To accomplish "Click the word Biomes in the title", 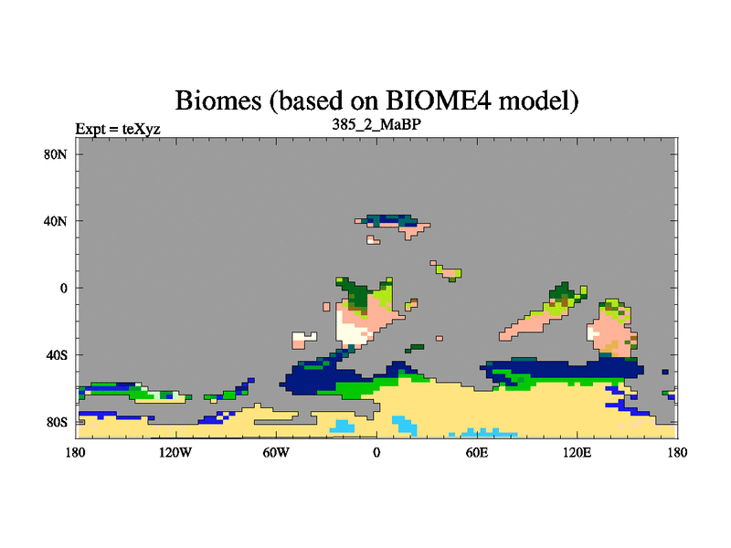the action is (x=218, y=100).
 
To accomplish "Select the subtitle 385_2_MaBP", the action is (x=376, y=124).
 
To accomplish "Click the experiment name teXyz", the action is (x=142, y=129).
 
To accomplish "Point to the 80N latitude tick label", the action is (x=56, y=154).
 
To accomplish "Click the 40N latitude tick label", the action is (x=56, y=221).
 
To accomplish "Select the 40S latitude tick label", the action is (x=57, y=355).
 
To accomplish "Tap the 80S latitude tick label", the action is (x=57, y=422).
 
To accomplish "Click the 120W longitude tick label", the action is (x=175, y=452).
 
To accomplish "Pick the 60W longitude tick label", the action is (x=276, y=452).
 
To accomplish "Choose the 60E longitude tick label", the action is (x=477, y=452).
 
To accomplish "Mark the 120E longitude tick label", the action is (x=577, y=452).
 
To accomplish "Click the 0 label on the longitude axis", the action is (x=376, y=452).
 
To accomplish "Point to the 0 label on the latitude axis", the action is (x=63, y=288).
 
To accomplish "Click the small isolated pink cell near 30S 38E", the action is (x=440, y=338).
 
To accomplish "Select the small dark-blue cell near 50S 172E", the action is (x=665, y=372).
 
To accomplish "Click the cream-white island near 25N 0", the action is (x=373, y=240).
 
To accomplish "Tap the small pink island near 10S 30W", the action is (x=326, y=307).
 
